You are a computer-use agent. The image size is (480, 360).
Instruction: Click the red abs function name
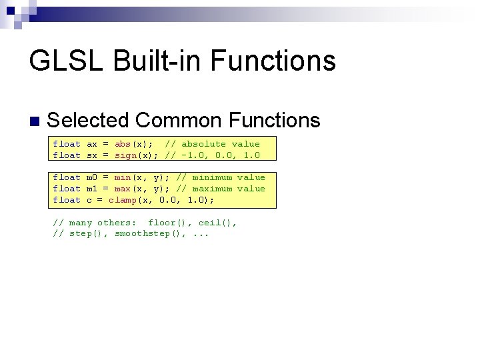[123, 144]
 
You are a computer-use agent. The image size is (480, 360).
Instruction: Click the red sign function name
[125, 155]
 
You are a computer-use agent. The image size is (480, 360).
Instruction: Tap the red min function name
[123, 177]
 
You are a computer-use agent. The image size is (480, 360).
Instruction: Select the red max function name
[123, 189]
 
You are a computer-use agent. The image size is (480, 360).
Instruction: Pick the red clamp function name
[123, 200]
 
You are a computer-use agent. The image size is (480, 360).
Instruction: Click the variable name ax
[92, 144]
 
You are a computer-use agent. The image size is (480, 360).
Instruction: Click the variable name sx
[92, 155]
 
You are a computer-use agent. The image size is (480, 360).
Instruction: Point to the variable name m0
[92, 177]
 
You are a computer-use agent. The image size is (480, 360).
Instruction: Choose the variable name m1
[92, 189]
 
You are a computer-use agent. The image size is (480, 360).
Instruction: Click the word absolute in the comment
[204, 144]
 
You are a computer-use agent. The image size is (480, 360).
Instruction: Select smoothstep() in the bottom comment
[151, 234]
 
